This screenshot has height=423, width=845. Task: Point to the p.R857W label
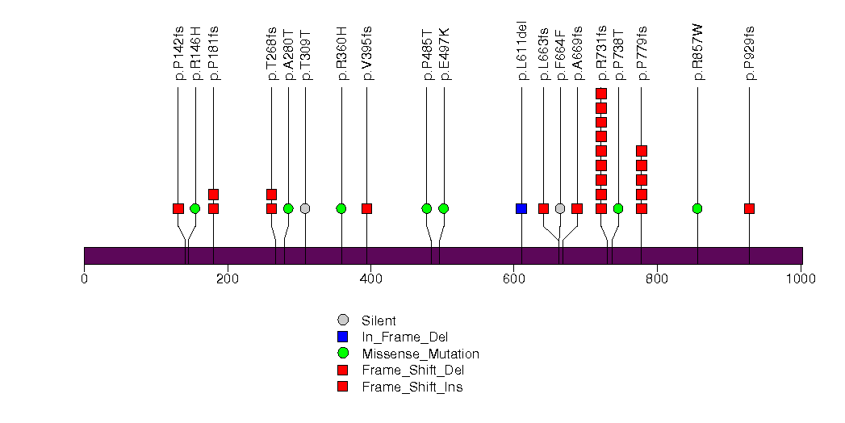click(698, 52)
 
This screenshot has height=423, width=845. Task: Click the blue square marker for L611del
click(521, 208)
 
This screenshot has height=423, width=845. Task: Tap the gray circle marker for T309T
click(305, 208)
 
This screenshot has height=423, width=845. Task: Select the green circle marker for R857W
click(697, 208)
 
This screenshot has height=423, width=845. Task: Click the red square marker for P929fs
click(749, 208)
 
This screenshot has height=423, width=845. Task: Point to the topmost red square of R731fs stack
click(601, 94)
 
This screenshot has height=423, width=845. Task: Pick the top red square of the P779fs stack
click(642, 151)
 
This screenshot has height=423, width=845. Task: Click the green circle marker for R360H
click(341, 208)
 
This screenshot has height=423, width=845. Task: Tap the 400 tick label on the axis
click(370, 279)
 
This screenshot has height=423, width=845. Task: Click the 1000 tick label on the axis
click(801, 279)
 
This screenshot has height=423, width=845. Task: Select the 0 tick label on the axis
click(84, 279)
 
